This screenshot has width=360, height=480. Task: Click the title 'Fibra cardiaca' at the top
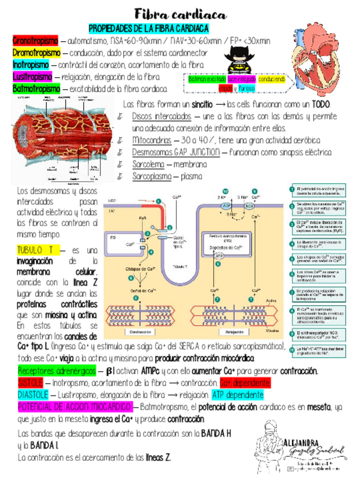click(180, 14)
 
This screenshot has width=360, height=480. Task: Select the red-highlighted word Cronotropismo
click(35, 41)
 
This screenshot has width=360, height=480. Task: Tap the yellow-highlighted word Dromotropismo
click(36, 53)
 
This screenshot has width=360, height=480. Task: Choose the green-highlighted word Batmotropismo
click(36, 89)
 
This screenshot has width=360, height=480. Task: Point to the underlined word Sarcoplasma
click(152, 176)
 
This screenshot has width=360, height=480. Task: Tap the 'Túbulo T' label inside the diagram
click(181, 265)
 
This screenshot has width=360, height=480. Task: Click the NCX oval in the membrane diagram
click(250, 207)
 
